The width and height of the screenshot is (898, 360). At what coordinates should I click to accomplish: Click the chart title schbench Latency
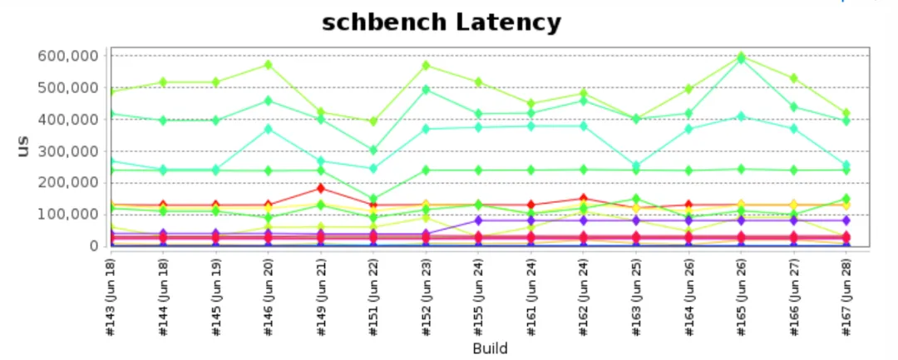[x=441, y=23]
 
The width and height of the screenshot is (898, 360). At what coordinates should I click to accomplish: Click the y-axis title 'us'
[x=23, y=146]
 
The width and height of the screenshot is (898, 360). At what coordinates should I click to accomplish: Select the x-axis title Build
[x=491, y=348]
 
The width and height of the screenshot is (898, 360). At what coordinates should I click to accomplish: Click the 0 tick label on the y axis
[x=94, y=247]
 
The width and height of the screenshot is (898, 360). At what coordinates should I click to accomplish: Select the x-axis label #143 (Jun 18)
[x=111, y=297]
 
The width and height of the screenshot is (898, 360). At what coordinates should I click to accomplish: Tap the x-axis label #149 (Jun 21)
[x=321, y=297]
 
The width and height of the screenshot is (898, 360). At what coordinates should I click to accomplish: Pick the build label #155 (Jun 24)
[x=479, y=297]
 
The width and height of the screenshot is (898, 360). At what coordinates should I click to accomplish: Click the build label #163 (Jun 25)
[x=636, y=297]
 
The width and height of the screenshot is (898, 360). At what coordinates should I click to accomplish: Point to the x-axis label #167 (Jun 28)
[x=846, y=297]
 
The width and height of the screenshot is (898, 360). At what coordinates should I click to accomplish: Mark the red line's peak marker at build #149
[x=321, y=188]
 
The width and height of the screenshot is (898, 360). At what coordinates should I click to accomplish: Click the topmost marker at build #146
[x=268, y=65]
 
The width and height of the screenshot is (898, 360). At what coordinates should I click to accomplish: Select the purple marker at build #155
[x=478, y=220]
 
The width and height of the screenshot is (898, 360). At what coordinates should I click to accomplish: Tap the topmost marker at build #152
[x=426, y=65]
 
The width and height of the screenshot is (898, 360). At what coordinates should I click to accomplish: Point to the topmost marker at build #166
[x=794, y=78]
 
